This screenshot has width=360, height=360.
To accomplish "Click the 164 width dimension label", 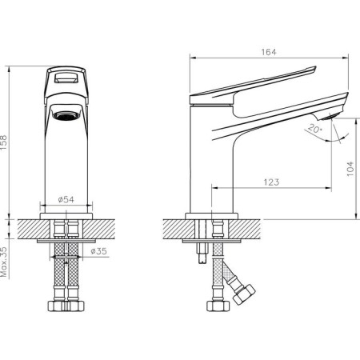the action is click(269, 52).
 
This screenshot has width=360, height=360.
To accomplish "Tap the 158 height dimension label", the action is click(4, 142).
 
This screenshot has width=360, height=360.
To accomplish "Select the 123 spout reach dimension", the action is click(271, 182).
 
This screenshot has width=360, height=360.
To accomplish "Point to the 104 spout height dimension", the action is click(350, 169).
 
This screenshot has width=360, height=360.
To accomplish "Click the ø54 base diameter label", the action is click(66, 199).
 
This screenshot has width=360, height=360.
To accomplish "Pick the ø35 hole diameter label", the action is click(98, 251).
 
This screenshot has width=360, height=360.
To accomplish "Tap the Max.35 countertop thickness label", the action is click(4, 262).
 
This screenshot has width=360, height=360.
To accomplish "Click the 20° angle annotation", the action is click(315, 129).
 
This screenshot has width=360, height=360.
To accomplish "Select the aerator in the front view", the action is click(66, 115).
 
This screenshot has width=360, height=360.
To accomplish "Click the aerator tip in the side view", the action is click(330, 116).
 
